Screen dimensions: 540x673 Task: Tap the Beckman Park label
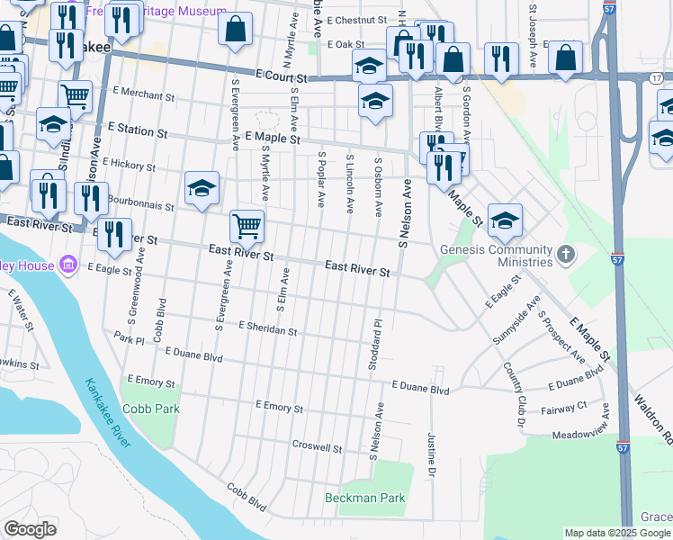(x=365, y=498)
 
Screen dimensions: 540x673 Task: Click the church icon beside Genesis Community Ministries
(x=565, y=255)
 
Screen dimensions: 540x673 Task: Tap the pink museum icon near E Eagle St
(x=67, y=265)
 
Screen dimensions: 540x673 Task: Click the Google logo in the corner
(x=30, y=529)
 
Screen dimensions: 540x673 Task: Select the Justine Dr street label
(x=432, y=454)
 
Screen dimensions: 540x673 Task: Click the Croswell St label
(x=318, y=447)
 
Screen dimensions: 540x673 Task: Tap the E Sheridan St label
(x=268, y=330)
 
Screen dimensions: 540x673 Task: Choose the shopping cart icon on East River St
(x=247, y=226)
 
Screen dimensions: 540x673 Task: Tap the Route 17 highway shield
(x=657, y=78)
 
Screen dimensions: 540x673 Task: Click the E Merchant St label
(x=144, y=95)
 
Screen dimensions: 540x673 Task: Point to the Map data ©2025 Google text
(x=618, y=533)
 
